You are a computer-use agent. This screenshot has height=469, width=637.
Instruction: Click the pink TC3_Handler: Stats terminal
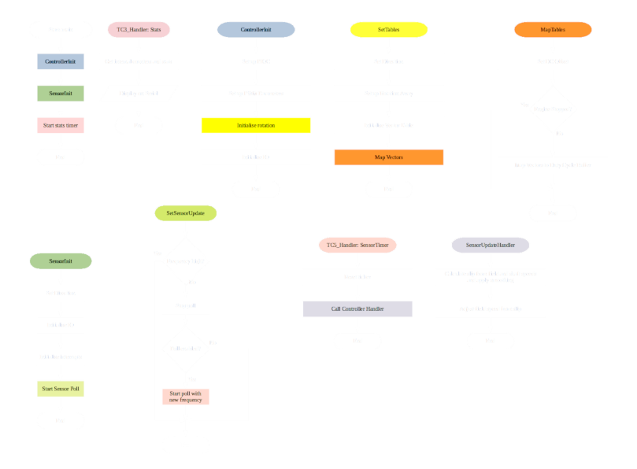(139, 30)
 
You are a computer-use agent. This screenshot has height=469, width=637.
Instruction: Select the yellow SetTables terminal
(389, 30)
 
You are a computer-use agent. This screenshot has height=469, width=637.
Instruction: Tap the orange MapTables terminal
(553, 30)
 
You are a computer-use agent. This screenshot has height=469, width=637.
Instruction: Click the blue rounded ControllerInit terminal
(256, 30)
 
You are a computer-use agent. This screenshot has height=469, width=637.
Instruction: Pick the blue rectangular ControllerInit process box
(61, 61)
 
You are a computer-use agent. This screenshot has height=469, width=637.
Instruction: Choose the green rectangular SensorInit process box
(61, 93)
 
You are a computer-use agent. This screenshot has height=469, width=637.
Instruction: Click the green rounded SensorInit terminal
(61, 260)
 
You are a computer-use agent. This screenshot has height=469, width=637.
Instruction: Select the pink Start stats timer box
(61, 125)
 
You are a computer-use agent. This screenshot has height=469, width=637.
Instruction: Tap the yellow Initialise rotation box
(256, 125)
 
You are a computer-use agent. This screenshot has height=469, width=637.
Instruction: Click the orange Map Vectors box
(389, 157)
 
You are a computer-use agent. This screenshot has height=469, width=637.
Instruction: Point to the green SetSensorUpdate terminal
(186, 213)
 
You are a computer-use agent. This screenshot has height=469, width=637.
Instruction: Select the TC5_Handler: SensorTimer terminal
(357, 246)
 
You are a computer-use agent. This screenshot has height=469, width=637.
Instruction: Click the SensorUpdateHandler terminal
(491, 246)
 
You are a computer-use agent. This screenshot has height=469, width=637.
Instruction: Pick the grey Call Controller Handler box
(357, 309)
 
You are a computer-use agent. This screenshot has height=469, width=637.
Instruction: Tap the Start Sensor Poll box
(61, 389)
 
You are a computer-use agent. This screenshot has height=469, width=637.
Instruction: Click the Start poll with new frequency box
(186, 397)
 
